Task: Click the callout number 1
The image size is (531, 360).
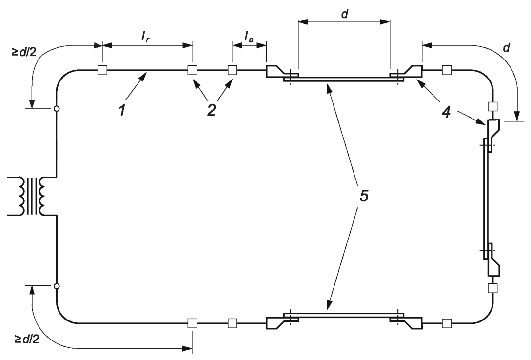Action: tap(122, 110)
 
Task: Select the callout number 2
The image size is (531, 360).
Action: tap(211, 110)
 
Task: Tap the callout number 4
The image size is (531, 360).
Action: tap(447, 112)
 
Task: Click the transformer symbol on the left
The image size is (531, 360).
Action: tap(32, 196)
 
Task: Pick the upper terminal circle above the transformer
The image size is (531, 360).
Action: tap(57, 109)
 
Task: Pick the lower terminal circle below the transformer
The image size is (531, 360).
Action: tap(57, 286)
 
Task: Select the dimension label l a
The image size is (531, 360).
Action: tap(249, 36)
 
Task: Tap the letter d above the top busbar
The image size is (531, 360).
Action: tap(344, 14)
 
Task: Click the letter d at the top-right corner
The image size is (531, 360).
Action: tap(506, 48)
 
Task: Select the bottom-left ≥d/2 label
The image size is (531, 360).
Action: tap(27, 339)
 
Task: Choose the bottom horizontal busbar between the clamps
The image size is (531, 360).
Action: tap(344, 315)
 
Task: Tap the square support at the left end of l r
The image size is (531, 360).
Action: tap(102, 70)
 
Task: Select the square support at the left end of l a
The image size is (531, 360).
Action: tap(232, 70)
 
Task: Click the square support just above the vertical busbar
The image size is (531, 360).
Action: tap(492, 106)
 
